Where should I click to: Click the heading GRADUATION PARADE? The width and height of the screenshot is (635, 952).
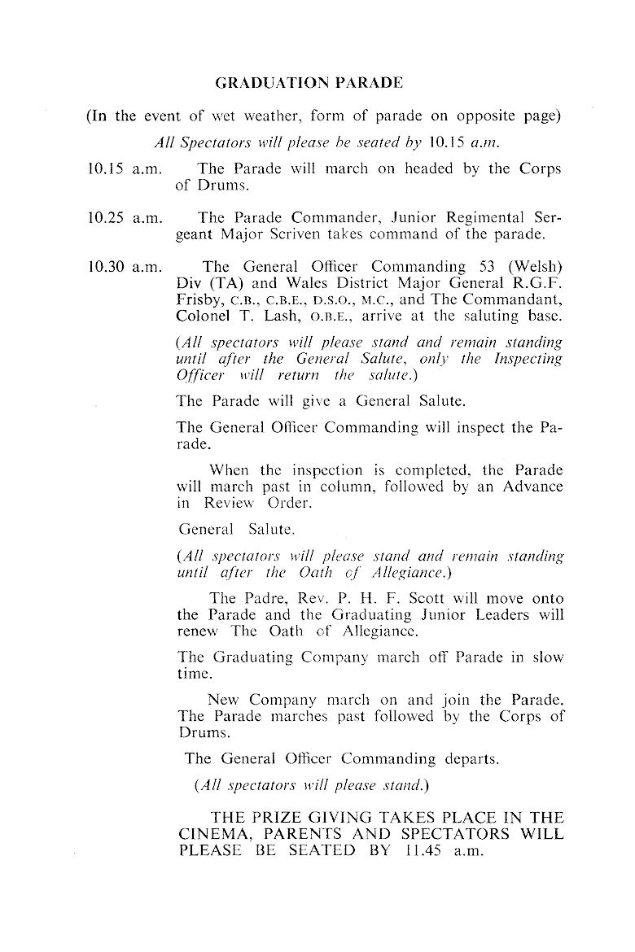coord(309,82)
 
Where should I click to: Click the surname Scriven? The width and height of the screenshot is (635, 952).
coord(335,234)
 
